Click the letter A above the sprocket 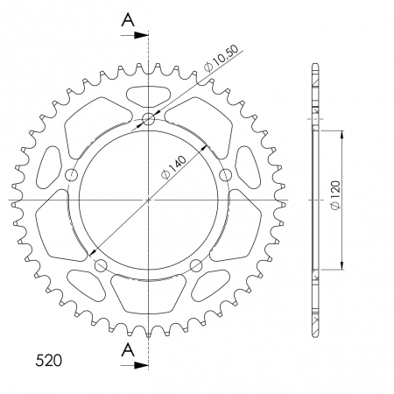pos(128,18)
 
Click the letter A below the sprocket pos(128,350)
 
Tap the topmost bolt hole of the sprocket pos(148,119)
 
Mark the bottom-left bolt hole pos(100,265)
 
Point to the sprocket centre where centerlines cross pos(148,201)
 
